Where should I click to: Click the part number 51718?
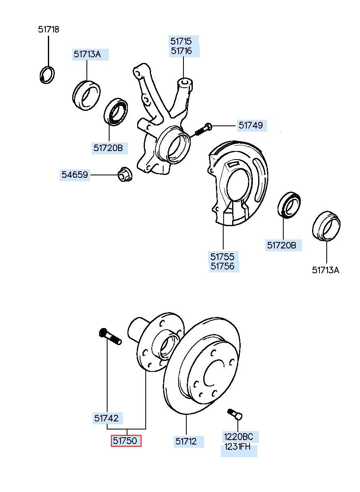point(49,30)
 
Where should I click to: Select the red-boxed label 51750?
point(126,440)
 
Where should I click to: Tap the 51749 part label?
point(251,125)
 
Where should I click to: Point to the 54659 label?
point(75,175)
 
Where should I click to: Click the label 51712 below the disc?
point(186,441)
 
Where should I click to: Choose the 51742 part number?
point(106,418)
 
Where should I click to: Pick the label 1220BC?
point(239,436)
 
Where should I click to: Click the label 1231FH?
point(237,447)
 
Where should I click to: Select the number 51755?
point(222,257)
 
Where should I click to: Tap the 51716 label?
point(181,51)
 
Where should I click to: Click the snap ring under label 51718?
point(47,74)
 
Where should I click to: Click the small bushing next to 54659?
point(125,174)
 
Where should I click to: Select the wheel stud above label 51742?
point(110,339)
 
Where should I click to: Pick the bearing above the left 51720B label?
point(116,112)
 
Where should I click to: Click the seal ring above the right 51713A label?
point(326,226)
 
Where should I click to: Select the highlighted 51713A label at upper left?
point(87,54)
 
